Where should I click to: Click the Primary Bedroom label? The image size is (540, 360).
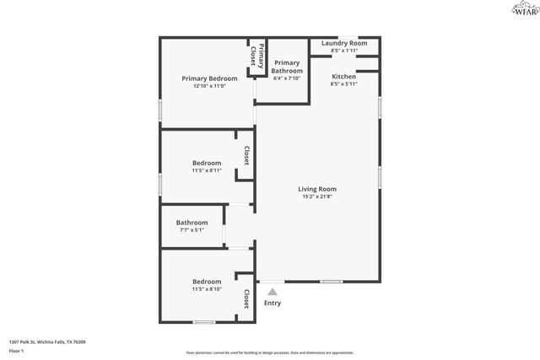[209, 78]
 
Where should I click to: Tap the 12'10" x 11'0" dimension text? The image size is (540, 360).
[209, 86]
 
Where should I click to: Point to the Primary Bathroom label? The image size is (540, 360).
[287, 67]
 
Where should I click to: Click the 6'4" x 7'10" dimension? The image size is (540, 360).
[287, 79]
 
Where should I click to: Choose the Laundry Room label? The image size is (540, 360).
[344, 43]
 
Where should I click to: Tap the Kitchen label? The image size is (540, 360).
[343, 77]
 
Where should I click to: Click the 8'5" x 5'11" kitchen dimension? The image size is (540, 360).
[343, 84]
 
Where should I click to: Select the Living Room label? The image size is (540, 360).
[317, 189]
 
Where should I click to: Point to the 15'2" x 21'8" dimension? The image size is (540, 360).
[317, 197]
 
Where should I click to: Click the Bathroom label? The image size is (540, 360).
[192, 223]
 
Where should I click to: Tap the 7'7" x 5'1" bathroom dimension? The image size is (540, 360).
[192, 230]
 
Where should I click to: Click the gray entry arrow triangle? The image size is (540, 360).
[272, 291]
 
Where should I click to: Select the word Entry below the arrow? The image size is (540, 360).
[273, 304]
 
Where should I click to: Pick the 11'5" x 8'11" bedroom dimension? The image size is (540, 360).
[207, 171]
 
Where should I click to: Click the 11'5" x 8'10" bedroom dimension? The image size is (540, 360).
[207, 289]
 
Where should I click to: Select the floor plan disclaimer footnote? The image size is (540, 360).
[270, 353]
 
